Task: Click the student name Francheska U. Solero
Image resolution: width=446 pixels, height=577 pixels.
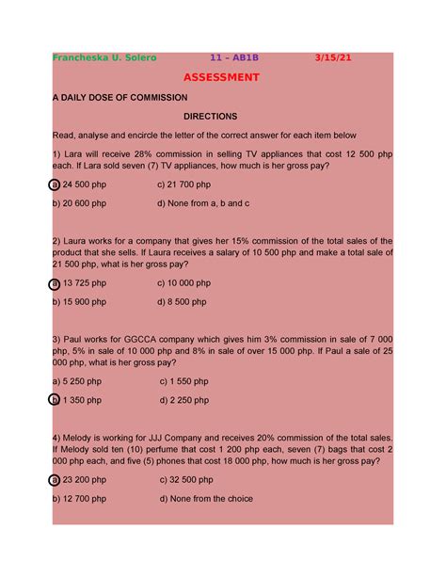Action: click(x=104, y=57)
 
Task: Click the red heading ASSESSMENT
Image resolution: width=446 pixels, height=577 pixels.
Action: click(x=221, y=77)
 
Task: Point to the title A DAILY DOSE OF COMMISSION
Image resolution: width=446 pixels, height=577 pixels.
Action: click(x=119, y=98)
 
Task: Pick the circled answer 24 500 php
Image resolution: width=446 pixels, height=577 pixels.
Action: click(x=81, y=184)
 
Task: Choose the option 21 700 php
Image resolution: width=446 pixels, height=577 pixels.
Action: click(x=187, y=184)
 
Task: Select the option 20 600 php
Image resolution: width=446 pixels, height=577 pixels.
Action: click(x=81, y=202)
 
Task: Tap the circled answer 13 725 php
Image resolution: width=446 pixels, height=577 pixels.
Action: click(x=81, y=282)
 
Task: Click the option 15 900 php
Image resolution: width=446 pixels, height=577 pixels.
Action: click(x=81, y=301)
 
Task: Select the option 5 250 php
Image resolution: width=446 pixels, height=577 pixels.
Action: click(x=78, y=381)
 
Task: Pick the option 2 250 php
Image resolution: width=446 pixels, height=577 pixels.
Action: click(x=185, y=400)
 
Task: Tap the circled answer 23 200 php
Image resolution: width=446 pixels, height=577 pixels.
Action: click(x=81, y=479)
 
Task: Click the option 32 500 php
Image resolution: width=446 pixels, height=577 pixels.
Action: click(x=187, y=479)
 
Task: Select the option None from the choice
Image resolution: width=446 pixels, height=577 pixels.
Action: click(x=206, y=499)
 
